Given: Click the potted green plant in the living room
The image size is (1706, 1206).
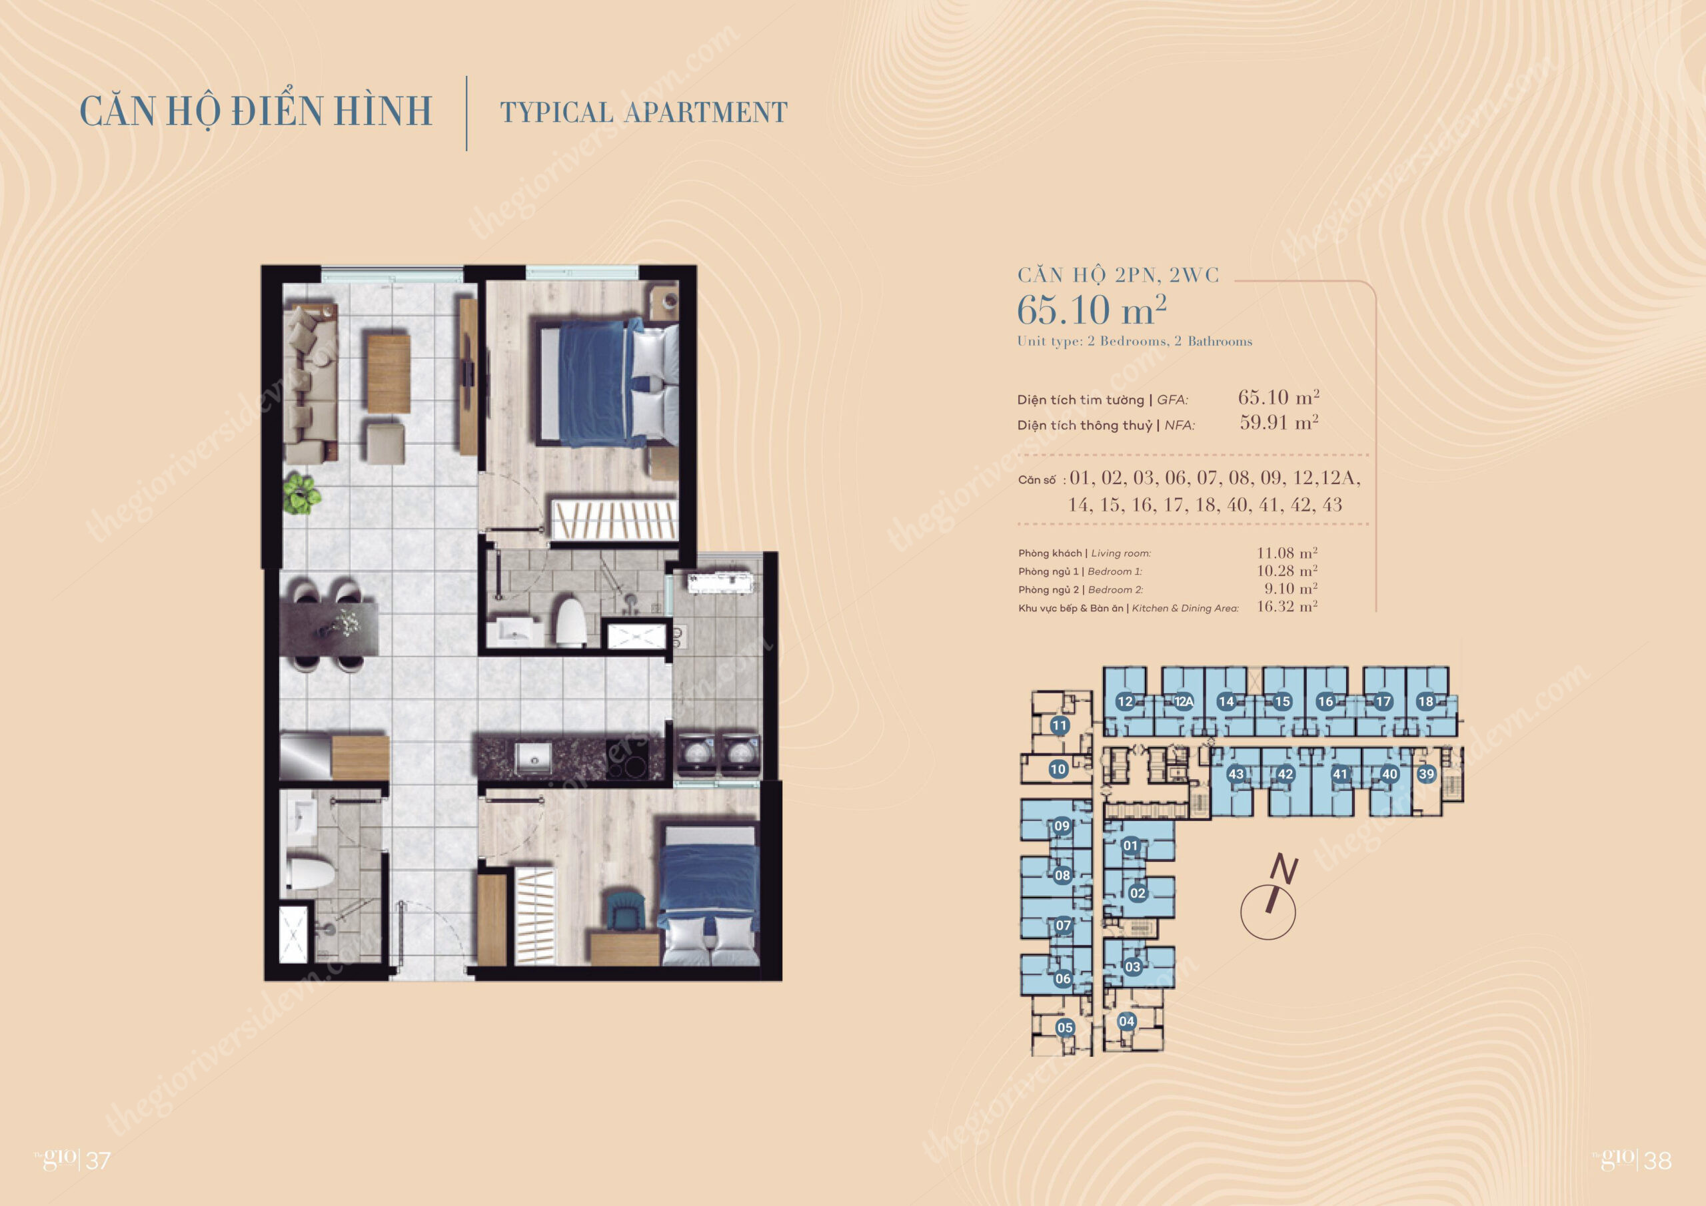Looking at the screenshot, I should click(301, 494).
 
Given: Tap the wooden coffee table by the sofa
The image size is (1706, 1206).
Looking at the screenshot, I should click(388, 373).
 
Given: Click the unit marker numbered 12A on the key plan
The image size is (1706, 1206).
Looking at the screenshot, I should click(1183, 701).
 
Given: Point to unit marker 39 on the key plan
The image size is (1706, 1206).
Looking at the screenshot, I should click(1426, 774).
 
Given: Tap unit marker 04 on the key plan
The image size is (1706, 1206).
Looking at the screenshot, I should click(1126, 1021).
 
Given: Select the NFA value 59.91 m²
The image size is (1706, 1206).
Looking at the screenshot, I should click(1279, 423).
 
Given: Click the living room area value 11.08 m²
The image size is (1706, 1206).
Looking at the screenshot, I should click(1287, 553).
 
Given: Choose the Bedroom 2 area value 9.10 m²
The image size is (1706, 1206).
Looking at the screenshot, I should click(1291, 588).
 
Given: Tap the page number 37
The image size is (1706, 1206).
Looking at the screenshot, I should click(99, 1161).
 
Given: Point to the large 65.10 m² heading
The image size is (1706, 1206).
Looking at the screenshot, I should click(1091, 310).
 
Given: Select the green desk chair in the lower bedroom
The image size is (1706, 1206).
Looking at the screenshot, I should click(622, 910).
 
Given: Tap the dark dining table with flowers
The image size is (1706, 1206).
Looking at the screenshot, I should click(329, 628).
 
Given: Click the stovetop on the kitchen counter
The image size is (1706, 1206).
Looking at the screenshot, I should click(626, 758).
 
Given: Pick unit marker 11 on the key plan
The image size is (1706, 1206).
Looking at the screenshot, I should click(1060, 725).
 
